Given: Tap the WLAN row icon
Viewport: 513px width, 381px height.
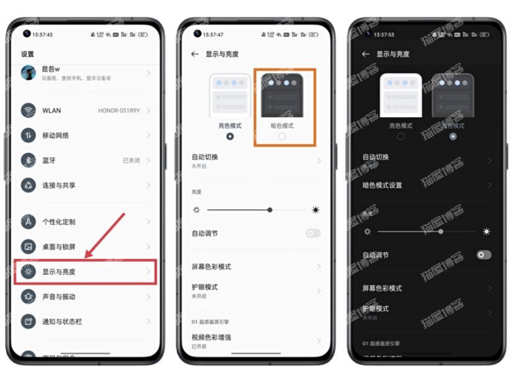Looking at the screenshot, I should [28, 110].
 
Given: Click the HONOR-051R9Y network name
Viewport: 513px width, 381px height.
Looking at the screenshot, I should [119, 111].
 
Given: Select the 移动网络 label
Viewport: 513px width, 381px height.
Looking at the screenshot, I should [56, 136].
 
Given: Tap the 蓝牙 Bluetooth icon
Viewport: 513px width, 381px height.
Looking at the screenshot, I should [28, 160].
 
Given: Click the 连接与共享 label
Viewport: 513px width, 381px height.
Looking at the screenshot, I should [58, 185].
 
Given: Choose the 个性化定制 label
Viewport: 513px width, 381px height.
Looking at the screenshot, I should [58, 222].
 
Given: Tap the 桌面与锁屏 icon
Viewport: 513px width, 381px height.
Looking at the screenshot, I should [28, 247].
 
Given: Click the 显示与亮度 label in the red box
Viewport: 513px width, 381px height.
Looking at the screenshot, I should [58, 272].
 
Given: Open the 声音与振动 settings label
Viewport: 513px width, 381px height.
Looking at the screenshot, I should [58, 297].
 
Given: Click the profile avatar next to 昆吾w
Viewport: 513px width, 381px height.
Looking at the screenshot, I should [28, 73].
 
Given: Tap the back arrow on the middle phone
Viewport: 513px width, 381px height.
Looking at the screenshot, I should [195, 55].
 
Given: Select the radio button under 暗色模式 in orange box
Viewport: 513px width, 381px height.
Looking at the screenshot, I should [282, 136].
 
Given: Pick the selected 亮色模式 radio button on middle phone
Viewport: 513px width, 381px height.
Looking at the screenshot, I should [230, 136].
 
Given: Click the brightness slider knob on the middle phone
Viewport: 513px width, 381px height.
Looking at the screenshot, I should [270, 210].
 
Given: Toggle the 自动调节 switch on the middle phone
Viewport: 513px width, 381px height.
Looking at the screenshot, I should [313, 234].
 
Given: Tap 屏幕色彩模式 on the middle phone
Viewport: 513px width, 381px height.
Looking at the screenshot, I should [211, 266].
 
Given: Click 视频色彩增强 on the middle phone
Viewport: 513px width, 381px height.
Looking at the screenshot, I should [211, 337].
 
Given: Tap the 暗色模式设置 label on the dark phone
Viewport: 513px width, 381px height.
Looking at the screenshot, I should [382, 185].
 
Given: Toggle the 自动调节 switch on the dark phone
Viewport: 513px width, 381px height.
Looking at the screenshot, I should [484, 255].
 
